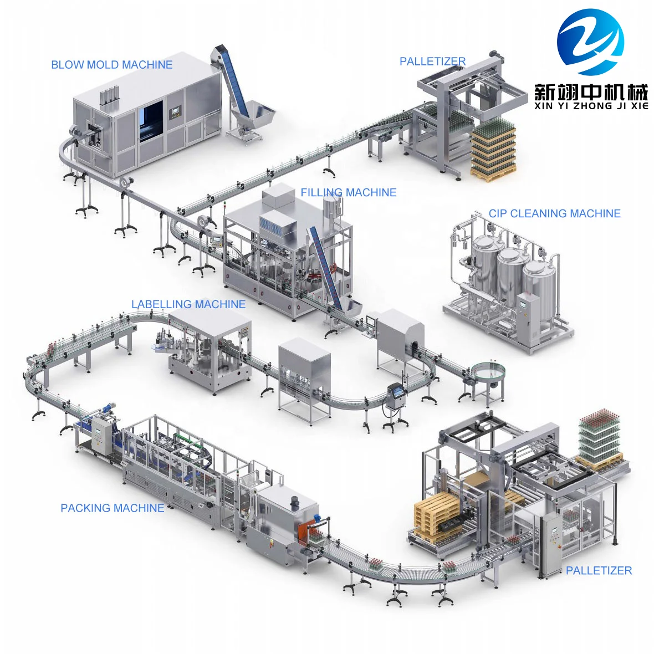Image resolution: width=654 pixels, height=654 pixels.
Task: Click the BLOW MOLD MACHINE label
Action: (x=111, y=65)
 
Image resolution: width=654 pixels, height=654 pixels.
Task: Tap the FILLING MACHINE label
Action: (x=349, y=192)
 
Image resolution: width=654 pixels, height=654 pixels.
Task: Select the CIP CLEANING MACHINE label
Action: (x=554, y=213)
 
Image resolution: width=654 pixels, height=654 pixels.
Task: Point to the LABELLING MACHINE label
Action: (x=188, y=304)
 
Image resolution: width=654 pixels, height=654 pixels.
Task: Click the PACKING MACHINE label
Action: (x=113, y=508)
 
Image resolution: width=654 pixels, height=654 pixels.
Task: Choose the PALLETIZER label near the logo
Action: (x=432, y=61)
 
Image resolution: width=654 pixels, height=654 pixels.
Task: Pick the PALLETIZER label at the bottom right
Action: (x=599, y=570)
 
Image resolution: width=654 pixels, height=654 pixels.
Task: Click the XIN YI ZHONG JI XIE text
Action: (x=591, y=105)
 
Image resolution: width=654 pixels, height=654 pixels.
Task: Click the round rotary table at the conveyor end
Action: (x=489, y=370)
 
